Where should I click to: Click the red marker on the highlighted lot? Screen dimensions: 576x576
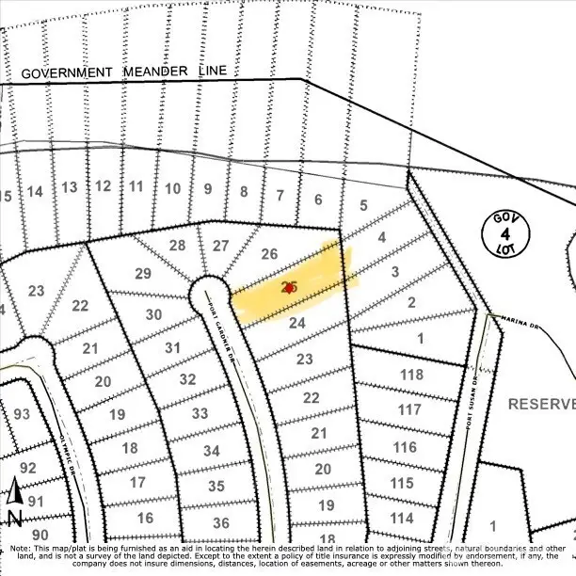(x=288, y=288)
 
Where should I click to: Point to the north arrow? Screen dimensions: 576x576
(x=14, y=502)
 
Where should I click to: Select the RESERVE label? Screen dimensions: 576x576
(x=540, y=404)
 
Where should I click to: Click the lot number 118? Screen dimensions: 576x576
(x=410, y=375)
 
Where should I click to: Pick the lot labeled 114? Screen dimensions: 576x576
(x=402, y=518)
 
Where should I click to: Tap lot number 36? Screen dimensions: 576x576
(x=220, y=523)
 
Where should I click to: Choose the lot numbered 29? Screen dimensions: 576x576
(x=143, y=274)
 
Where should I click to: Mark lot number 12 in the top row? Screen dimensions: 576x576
(x=103, y=186)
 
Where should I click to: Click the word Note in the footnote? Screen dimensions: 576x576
(x=18, y=547)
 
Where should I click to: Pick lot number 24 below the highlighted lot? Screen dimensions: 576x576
(x=297, y=323)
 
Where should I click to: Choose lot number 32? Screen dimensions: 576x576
(x=187, y=379)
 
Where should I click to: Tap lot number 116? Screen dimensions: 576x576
(x=404, y=446)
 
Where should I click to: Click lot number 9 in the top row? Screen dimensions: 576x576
(x=207, y=188)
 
